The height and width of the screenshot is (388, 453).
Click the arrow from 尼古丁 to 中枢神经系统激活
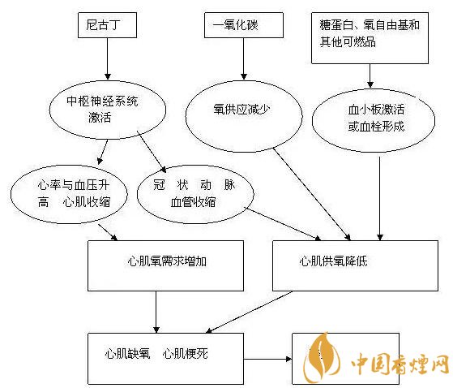[x=108, y=58]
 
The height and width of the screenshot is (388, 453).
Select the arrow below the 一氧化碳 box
[x=244, y=58]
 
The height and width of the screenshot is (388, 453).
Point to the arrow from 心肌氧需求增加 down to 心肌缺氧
[x=156, y=312]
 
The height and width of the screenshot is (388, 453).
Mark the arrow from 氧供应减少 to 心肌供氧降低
[x=312, y=194]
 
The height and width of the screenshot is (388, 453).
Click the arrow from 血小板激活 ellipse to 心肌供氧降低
[x=380, y=199]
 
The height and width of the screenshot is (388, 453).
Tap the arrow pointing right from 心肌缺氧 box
[x=267, y=359]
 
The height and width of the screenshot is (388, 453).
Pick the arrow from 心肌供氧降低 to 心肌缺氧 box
[x=249, y=313]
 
